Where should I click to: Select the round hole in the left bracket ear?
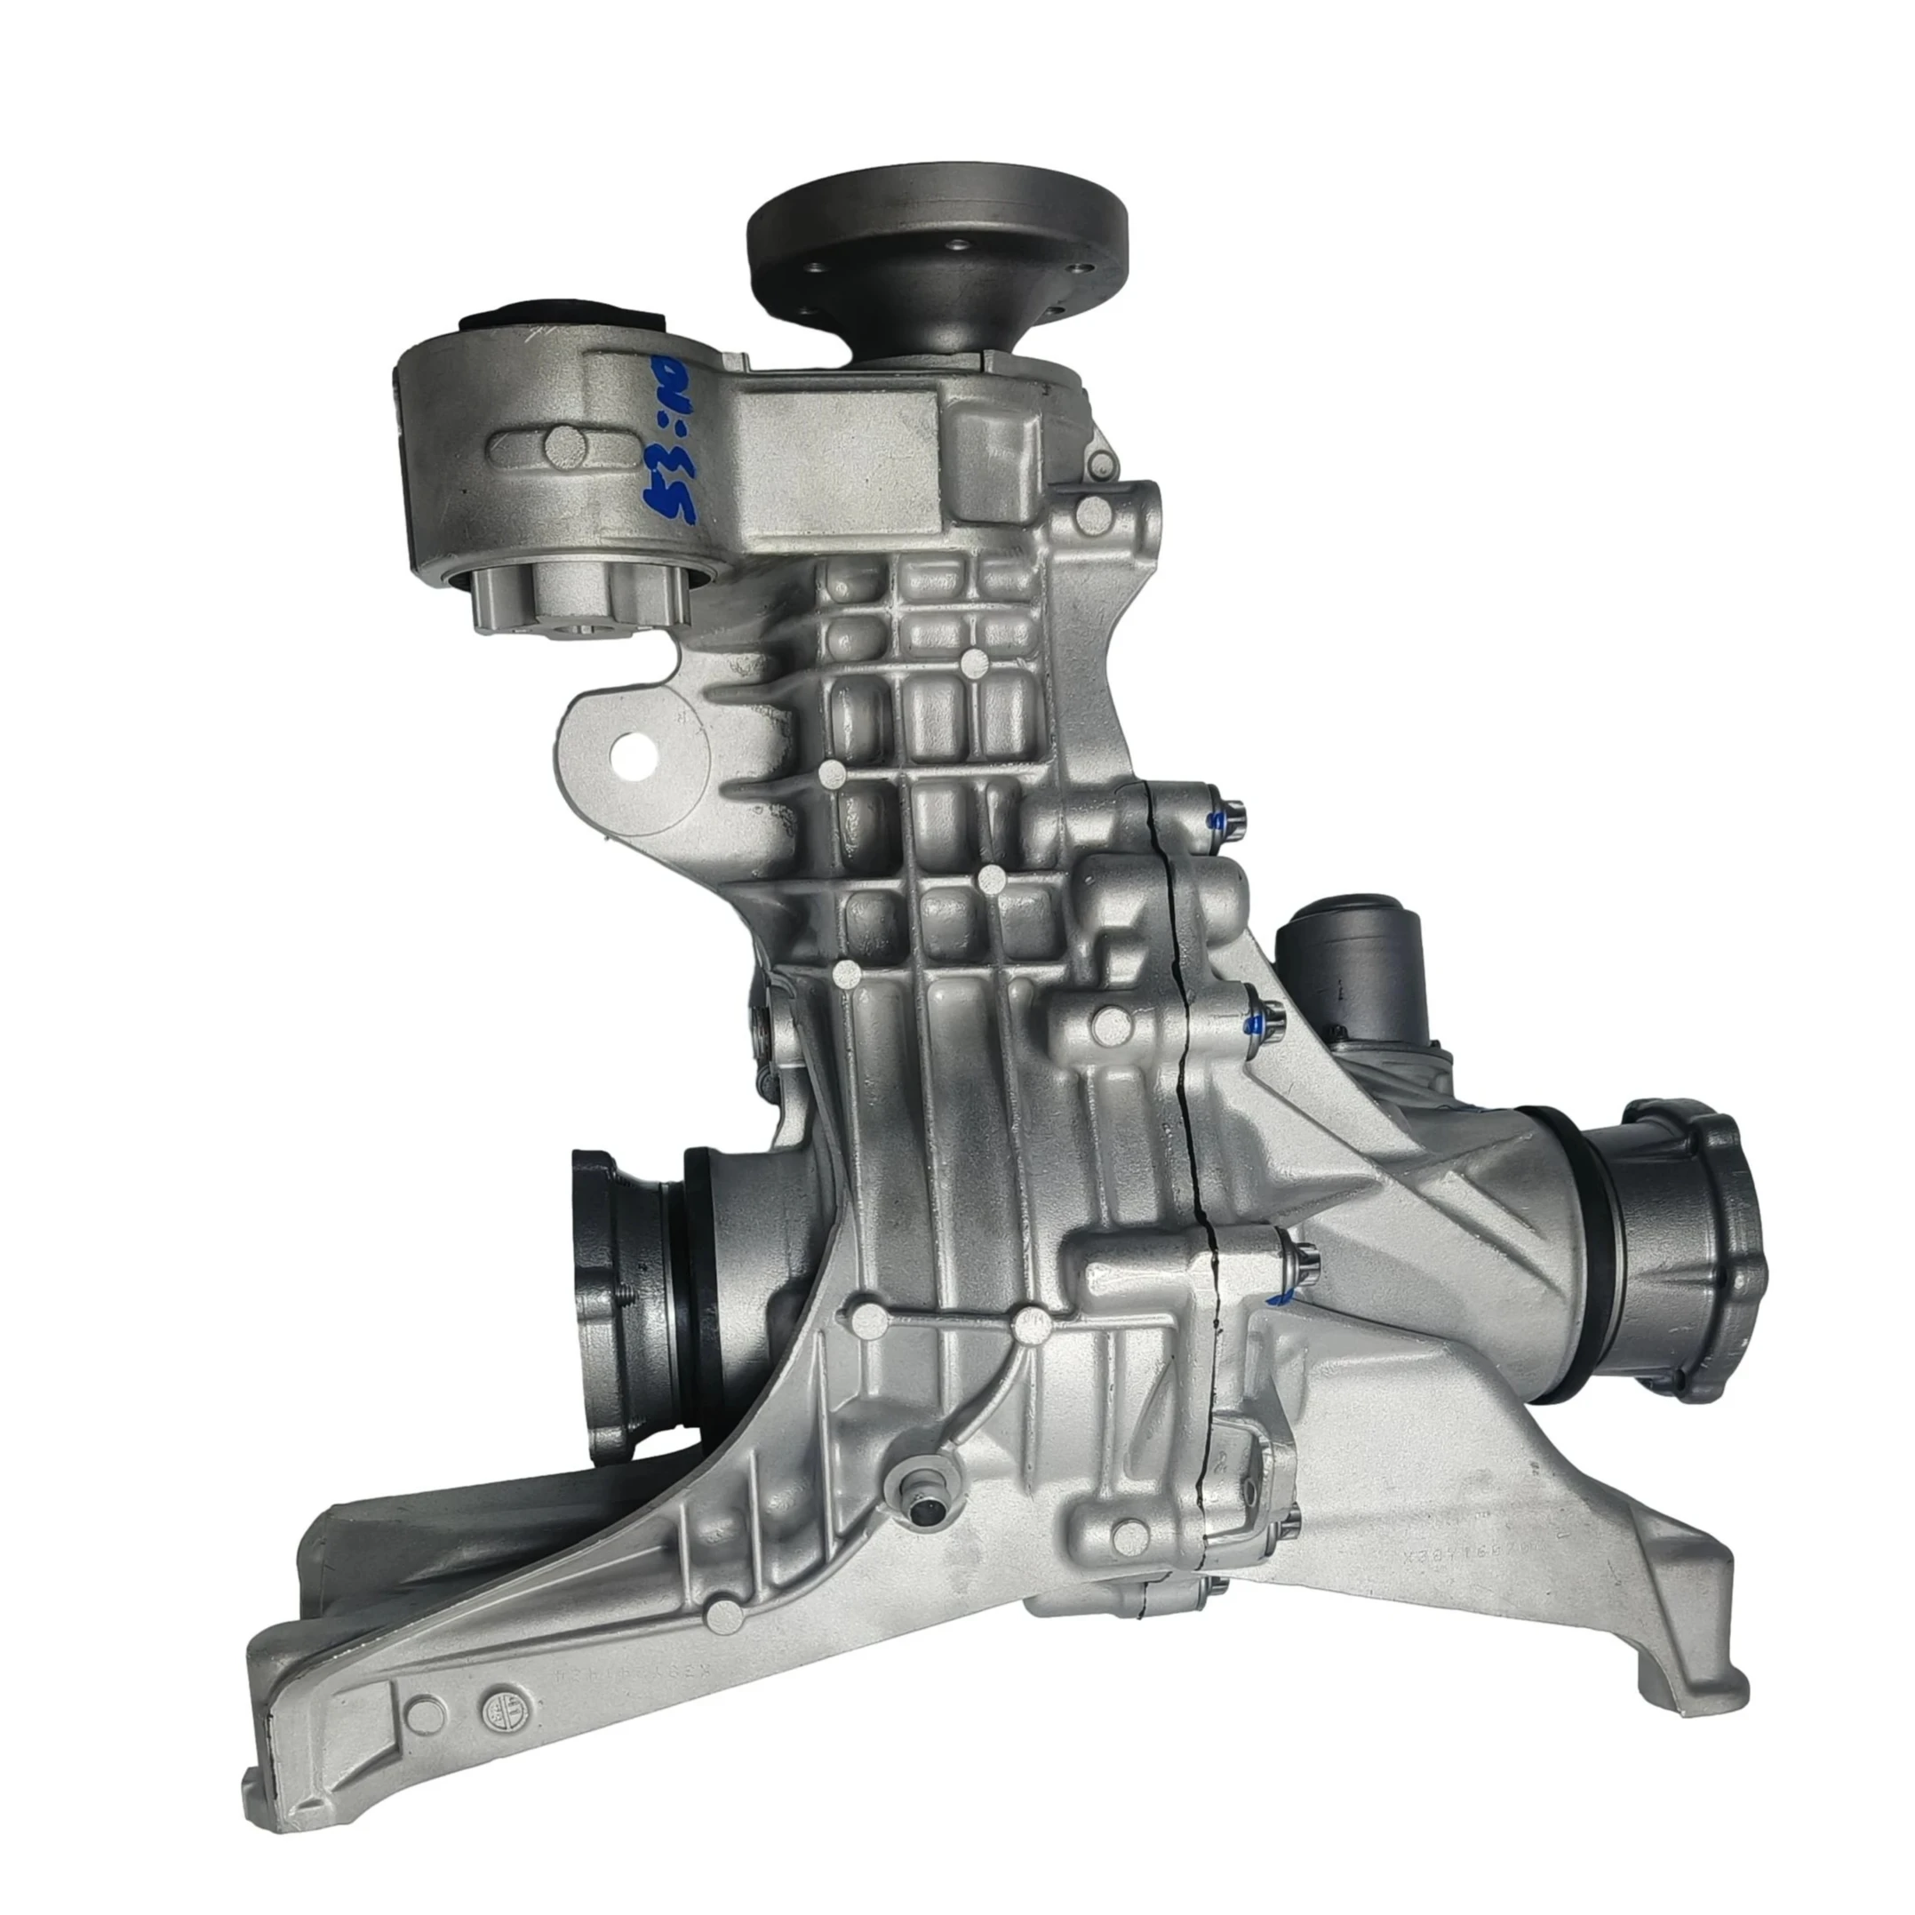[x=634, y=756]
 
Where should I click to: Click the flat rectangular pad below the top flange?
[x=838, y=456]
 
